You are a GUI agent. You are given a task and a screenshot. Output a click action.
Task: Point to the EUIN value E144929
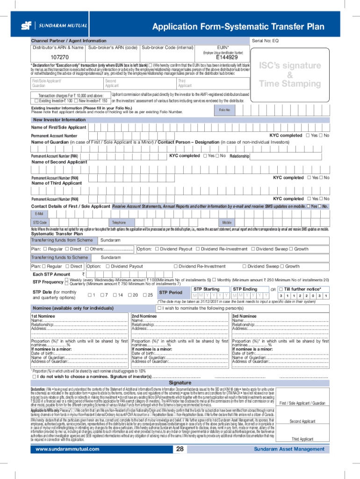[x=223, y=58]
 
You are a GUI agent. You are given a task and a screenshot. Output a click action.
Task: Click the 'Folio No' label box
[x=224, y=110]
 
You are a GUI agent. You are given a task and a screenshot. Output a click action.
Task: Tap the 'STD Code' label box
[x=40, y=223]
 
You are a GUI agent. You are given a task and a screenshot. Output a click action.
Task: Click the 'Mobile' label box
[x=227, y=223]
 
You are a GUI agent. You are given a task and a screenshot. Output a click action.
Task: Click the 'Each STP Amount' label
[x=51, y=274]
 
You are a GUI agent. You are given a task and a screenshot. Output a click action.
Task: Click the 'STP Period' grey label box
[x=171, y=293]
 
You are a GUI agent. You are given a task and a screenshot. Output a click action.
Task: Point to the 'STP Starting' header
[x=206, y=289]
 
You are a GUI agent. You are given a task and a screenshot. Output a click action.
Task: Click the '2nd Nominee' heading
[x=144, y=317]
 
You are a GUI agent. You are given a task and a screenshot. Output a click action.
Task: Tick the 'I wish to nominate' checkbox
[x=160, y=308]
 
